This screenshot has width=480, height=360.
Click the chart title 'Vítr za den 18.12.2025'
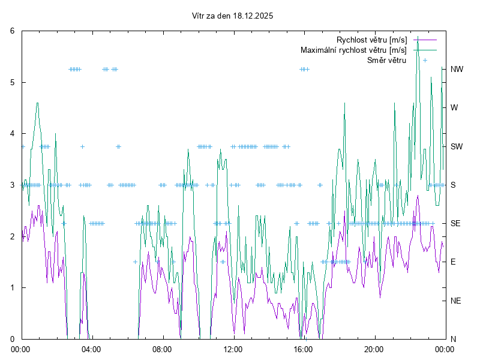click(232, 16)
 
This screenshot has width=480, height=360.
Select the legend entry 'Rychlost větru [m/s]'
click(372, 40)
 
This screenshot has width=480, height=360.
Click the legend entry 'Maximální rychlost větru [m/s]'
click(353, 50)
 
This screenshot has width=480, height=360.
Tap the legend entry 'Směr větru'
click(386, 60)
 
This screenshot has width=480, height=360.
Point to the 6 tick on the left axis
click(13, 31)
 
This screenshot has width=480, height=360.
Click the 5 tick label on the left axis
click(13, 82)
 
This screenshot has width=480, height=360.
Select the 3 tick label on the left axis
click(13, 185)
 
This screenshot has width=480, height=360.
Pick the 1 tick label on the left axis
click(13, 287)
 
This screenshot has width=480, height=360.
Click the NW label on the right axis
click(457, 69)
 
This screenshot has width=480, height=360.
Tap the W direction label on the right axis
click(454, 107)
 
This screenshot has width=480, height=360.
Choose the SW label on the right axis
click(457, 146)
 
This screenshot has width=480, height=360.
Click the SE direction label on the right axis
click(455, 223)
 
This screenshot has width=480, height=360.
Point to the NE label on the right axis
click(455, 301)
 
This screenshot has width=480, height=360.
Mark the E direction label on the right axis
click(453, 262)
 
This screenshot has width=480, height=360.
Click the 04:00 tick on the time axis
click(91, 349)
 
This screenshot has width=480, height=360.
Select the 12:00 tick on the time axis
click(233, 349)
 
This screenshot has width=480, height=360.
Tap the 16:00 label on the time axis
click(303, 349)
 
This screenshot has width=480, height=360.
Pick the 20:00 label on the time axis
click(374, 349)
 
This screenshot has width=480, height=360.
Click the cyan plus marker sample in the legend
click(425, 60)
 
